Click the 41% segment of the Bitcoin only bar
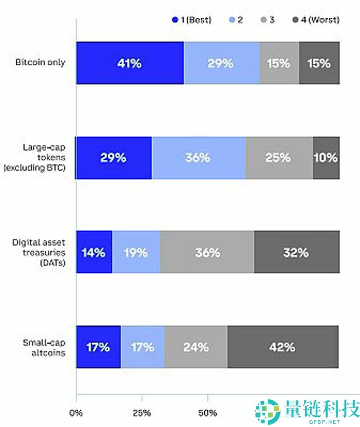pos(130,63)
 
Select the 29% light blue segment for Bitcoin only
pos(221,63)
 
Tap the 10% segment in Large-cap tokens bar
pos(326,158)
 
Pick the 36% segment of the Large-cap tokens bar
pos(198,158)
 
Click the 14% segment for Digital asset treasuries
pos(94,252)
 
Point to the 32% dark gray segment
pos(297,252)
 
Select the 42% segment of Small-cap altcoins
pos(283,347)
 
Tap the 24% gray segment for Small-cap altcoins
pos(196,347)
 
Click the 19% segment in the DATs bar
pos(136,252)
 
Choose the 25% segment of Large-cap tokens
pos(279,158)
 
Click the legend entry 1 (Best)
pos(192,20)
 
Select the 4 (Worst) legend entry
pos(316,20)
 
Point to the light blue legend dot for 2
pos(233,20)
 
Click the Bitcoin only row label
pos(40,63)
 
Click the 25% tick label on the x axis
pos(142,413)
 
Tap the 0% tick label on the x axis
pos(76,413)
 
